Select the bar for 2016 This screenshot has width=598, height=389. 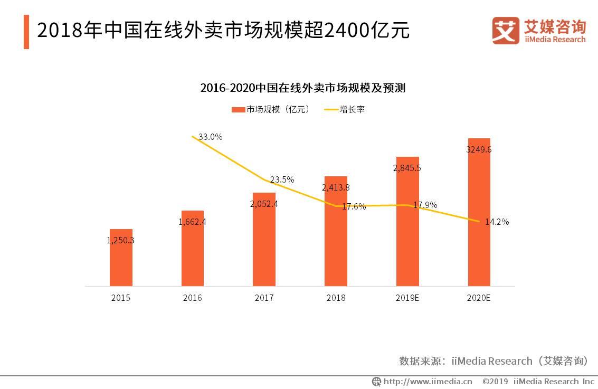(x=193, y=249)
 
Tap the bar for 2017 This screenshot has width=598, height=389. (x=264, y=240)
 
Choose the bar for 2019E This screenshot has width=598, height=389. (x=407, y=222)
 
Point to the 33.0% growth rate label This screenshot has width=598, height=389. (x=210, y=137)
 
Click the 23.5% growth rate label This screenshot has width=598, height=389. (x=282, y=179)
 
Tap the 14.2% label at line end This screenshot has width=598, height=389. (x=497, y=222)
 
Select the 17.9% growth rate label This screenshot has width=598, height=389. (x=425, y=205)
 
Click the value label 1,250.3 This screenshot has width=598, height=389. (x=120, y=240)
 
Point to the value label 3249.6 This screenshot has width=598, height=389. (x=479, y=149)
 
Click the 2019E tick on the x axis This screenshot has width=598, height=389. (x=407, y=298)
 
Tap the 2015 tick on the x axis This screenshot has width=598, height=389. (x=120, y=298)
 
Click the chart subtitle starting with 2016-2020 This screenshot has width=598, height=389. (x=302, y=88)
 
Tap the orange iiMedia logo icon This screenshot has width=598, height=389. (x=506, y=30)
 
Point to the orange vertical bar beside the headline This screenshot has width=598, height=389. (x=26, y=32)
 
